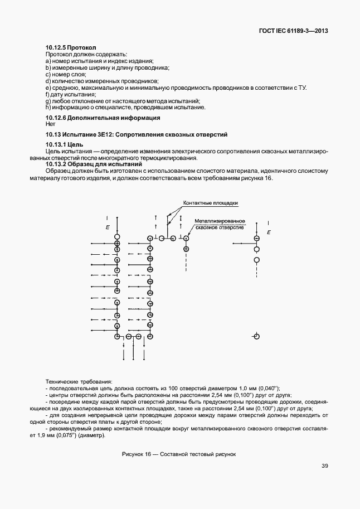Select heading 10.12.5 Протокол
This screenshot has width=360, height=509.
click(x=71, y=48)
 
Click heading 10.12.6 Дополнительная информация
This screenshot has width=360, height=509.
click(x=103, y=118)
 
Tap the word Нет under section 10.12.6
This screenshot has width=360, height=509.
click(x=51, y=124)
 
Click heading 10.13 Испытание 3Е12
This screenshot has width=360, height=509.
click(x=136, y=135)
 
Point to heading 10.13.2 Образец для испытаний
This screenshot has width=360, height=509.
click(x=94, y=164)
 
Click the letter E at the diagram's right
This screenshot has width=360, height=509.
click(x=269, y=231)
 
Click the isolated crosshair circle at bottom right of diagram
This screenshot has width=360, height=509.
click(x=256, y=336)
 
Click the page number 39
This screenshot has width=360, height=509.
click(x=324, y=467)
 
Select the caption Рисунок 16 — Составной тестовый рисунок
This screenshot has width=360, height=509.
click(x=179, y=454)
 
